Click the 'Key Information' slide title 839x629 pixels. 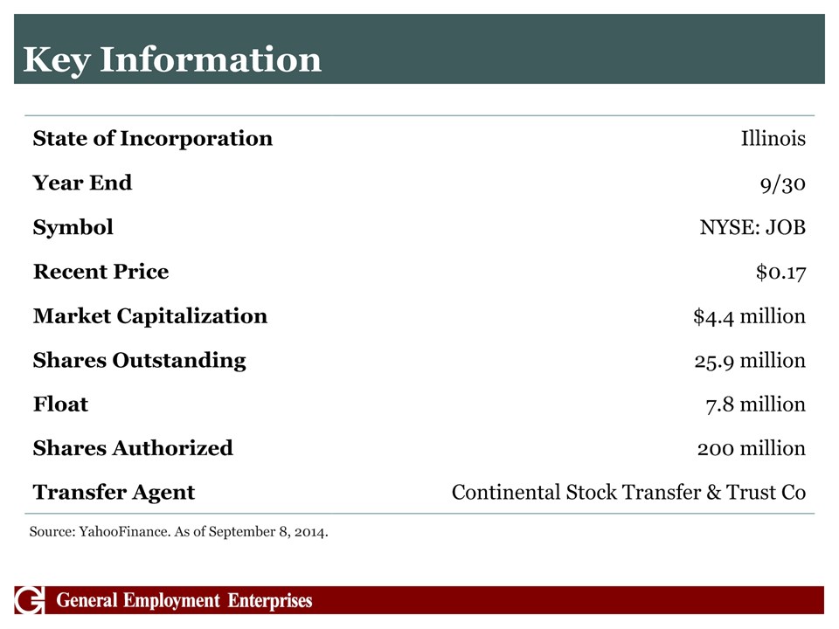172,60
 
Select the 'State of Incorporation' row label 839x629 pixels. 152,139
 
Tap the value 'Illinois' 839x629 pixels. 773,139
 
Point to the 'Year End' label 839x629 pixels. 82,183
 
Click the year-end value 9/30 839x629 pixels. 783,184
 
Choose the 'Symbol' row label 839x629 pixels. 73,227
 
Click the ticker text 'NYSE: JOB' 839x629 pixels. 752,227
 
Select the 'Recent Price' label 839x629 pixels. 101,272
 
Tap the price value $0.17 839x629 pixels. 780,273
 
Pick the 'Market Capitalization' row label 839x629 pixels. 150,316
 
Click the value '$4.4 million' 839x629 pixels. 750,316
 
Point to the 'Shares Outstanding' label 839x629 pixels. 140,361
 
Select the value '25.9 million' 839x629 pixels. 750,361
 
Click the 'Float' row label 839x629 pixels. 61,404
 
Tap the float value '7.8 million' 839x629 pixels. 755,404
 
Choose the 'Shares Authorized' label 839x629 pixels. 133,448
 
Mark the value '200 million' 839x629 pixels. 752,448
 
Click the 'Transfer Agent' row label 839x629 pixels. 114,493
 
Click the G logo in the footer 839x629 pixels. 30,600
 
